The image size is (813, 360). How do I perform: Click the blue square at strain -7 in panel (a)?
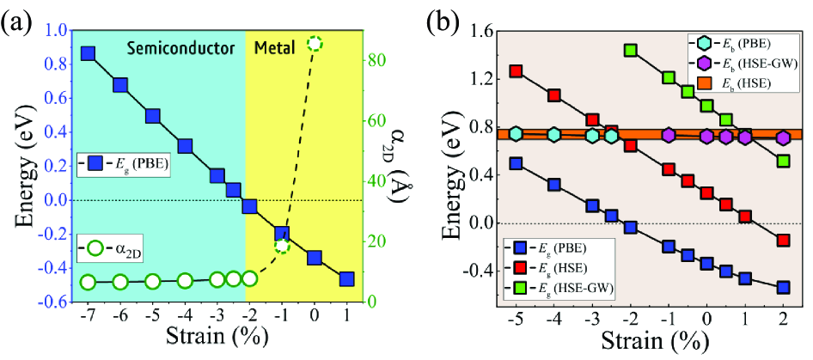88,54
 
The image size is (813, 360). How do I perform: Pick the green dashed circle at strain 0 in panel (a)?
315,43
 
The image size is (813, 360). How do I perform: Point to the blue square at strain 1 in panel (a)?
346,278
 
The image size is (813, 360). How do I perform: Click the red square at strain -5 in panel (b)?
517,71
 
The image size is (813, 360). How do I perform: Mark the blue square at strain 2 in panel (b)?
783,287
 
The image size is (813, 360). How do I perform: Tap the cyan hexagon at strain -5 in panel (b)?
517,133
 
